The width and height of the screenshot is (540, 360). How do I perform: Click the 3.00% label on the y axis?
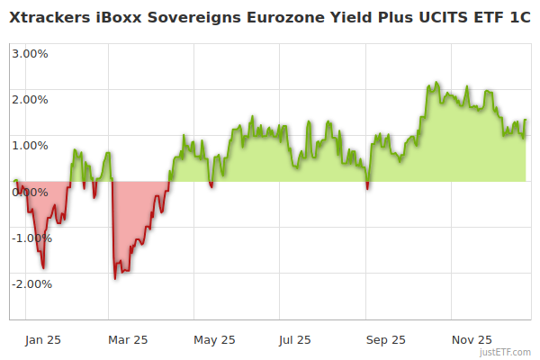click(30, 53)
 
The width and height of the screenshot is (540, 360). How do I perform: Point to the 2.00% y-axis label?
click(30, 99)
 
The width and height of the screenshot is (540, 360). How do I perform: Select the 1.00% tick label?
click(30, 145)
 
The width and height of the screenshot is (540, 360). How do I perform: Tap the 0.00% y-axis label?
click(30, 192)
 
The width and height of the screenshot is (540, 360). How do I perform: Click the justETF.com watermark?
click(506, 352)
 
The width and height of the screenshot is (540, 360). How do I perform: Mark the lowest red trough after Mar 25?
click(114, 278)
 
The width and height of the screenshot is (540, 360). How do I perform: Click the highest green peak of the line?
click(436, 83)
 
